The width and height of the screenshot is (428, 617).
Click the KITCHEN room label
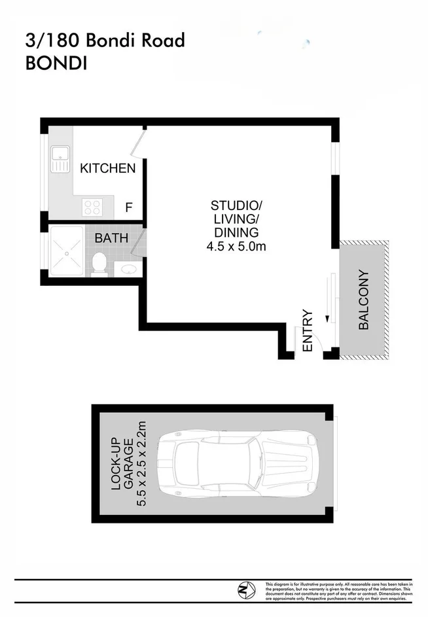pyautogui.click(x=107, y=169)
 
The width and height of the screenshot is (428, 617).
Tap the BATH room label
pyautogui.click(x=112, y=238)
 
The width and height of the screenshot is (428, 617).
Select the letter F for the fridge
pyautogui.click(x=129, y=208)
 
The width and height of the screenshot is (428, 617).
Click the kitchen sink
pyautogui.click(x=61, y=160)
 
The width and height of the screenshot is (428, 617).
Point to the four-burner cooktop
pyautogui.click(x=92, y=207)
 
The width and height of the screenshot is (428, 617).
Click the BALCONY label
pyautogui.click(x=364, y=300)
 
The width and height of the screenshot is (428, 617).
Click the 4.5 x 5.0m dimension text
pyautogui.click(x=236, y=246)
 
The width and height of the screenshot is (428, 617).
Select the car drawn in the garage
pyautogui.click(x=241, y=464)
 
